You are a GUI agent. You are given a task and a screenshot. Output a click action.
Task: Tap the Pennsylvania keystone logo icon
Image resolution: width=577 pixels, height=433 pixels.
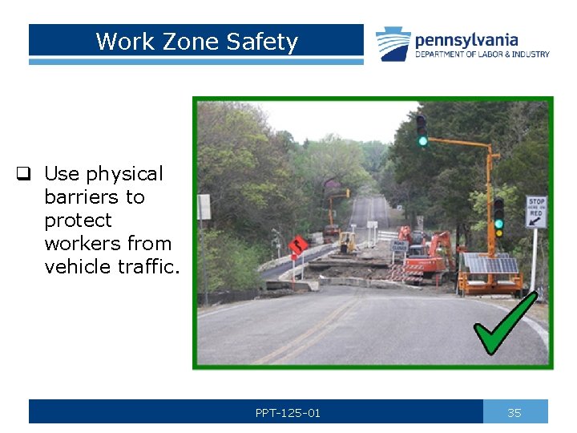393,43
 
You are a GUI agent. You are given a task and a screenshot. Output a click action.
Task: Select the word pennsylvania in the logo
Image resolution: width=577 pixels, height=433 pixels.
466,39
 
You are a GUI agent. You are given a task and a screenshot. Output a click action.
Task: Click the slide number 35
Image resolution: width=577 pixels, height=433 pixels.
514,413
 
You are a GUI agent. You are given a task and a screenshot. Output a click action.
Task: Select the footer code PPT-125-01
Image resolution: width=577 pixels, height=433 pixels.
288,413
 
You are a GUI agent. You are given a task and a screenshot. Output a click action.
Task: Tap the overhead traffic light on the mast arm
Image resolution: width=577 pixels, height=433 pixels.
422,130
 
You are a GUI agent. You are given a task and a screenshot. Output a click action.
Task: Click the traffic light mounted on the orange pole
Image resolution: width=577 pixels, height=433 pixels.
498,217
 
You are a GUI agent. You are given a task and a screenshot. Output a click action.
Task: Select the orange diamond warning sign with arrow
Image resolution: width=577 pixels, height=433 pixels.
298,244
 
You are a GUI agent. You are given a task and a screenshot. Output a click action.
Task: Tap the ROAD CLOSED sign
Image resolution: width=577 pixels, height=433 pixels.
399,245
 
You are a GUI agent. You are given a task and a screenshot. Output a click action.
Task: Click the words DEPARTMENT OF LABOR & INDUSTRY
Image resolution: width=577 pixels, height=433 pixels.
482,55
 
